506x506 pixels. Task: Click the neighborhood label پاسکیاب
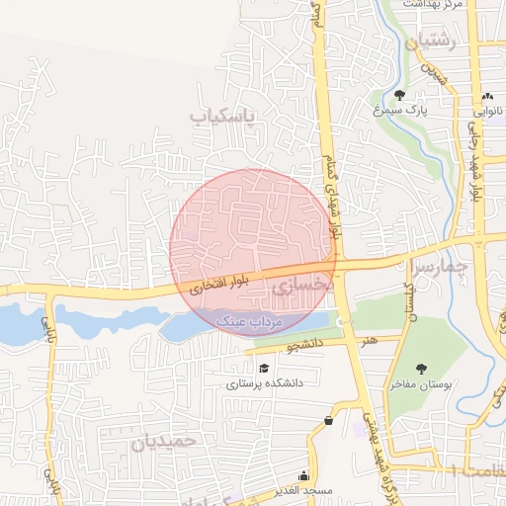(x=222, y=117)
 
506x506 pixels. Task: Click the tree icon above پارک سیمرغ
(x=399, y=96)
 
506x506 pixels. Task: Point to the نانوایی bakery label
(x=490, y=111)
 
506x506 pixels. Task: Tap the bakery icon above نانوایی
(x=489, y=96)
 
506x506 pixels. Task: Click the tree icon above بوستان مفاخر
(x=424, y=367)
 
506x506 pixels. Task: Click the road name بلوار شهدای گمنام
(x=329, y=183)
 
